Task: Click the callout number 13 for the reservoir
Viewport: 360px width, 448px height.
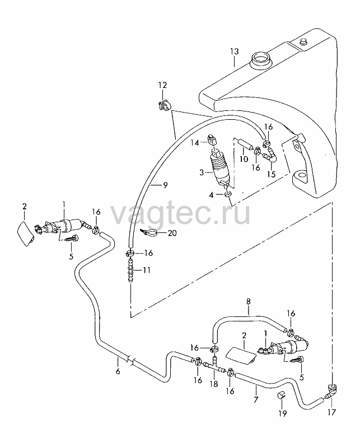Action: [x=234, y=52]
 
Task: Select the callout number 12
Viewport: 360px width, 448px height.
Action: [x=162, y=85]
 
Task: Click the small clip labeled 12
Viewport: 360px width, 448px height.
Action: [x=163, y=105]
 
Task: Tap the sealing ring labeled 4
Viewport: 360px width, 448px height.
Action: [x=228, y=194]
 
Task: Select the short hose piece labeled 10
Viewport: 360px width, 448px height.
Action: [x=245, y=144]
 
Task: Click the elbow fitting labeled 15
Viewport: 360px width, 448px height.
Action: [x=270, y=156]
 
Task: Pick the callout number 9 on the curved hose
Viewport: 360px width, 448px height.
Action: [x=165, y=185]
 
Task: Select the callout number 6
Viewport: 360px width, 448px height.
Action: [x=118, y=371]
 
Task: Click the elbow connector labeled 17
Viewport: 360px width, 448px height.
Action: [x=331, y=393]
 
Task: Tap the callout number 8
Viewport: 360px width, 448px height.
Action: [x=248, y=301]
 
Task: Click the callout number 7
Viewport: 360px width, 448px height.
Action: [x=256, y=399]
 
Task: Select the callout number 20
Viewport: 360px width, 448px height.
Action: [x=172, y=233]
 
